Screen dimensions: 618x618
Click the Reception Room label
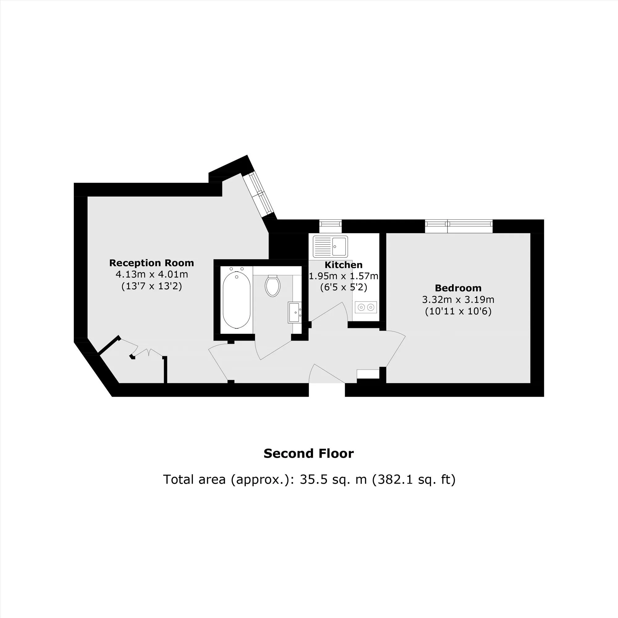(152, 263)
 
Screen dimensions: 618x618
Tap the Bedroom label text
(458, 288)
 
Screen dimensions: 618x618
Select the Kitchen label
(344, 265)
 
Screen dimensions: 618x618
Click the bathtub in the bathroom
(236, 300)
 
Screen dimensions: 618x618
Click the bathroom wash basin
(294, 312)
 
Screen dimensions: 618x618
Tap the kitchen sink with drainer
(330, 247)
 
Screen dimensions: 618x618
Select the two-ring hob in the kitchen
(366, 307)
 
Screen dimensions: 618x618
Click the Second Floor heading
(309, 453)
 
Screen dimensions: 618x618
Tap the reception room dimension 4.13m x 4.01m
(152, 274)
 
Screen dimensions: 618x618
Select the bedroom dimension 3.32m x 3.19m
(458, 300)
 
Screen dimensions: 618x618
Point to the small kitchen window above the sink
(330, 226)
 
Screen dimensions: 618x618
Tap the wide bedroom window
(458, 226)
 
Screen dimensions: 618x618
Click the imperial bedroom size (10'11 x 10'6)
(458, 311)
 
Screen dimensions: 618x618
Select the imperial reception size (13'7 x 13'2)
(152, 286)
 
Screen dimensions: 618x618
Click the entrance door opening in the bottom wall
(327, 390)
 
